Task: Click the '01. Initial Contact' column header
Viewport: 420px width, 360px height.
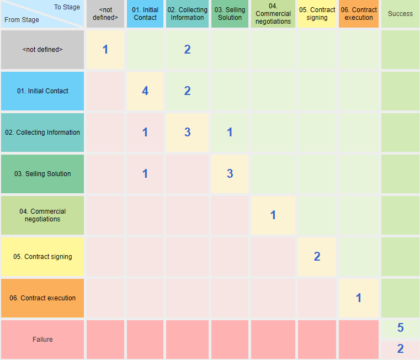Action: click(145, 14)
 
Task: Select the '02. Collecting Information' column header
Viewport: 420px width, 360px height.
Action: click(187, 14)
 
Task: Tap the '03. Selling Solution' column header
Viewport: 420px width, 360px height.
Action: click(230, 14)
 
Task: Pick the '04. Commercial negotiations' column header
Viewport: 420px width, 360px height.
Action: click(273, 14)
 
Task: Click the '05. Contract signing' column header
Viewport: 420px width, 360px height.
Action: click(317, 14)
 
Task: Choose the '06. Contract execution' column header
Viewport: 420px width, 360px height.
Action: click(359, 14)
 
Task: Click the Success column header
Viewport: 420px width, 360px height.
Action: click(400, 14)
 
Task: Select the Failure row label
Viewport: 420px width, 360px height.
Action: click(42, 340)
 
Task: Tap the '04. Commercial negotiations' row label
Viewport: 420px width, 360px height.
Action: click(42, 215)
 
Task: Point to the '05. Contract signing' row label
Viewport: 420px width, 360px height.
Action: click(42, 257)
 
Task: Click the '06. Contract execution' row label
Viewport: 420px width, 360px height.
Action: click(42, 298)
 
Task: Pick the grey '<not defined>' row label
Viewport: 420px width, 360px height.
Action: click(42, 50)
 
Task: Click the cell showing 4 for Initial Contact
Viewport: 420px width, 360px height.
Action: click(145, 91)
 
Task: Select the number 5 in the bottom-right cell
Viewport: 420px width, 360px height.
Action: click(400, 328)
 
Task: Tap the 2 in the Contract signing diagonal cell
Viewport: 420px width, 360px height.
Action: click(317, 256)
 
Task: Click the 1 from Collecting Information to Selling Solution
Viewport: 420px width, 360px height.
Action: click(230, 132)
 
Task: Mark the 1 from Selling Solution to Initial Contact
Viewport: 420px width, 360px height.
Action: click(145, 173)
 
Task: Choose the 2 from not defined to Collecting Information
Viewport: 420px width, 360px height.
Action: click(187, 49)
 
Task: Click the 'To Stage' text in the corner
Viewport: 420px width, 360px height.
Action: click(67, 7)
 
